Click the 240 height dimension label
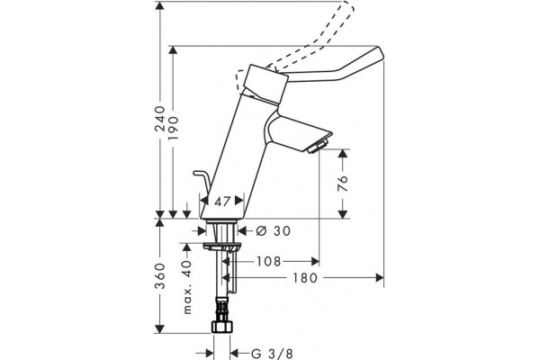click(160, 119)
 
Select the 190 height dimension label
click(174, 128)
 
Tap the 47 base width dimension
click(222, 202)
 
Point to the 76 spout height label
click(343, 184)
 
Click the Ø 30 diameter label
click(274, 230)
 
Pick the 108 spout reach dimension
click(268, 262)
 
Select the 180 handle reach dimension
click(305, 278)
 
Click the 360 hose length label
click(160, 275)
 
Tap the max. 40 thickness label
click(187, 287)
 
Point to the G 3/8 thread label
click(272, 354)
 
